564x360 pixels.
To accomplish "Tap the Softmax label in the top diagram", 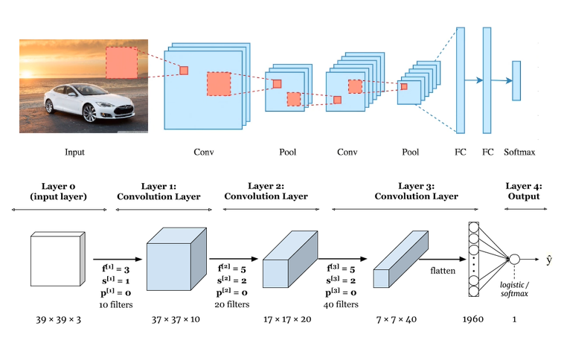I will click(519, 152).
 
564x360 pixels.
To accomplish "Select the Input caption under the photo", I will click(74, 152).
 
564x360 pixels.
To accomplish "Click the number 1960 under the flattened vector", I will click(472, 320).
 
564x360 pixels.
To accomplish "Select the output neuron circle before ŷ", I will click(513, 260).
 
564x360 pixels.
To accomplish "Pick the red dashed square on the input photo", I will click(121, 62).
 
